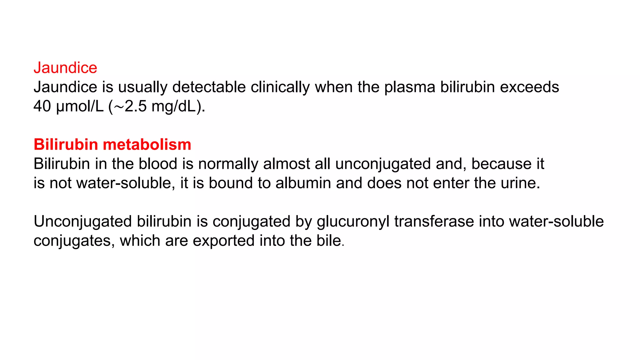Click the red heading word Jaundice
(x=65, y=68)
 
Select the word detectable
(x=209, y=87)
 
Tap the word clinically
(x=280, y=87)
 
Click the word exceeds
(x=529, y=87)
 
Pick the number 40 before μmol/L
(x=42, y=106)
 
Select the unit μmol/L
(x=80, y=106)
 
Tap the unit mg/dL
(x=175, y=106)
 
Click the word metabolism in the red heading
(x=147, y=144)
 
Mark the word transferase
(x=434, y=222)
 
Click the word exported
(x=223, y=241)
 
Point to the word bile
(x=329, y=241)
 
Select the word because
(x=501, y=164)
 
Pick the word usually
(x=142, y=87)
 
